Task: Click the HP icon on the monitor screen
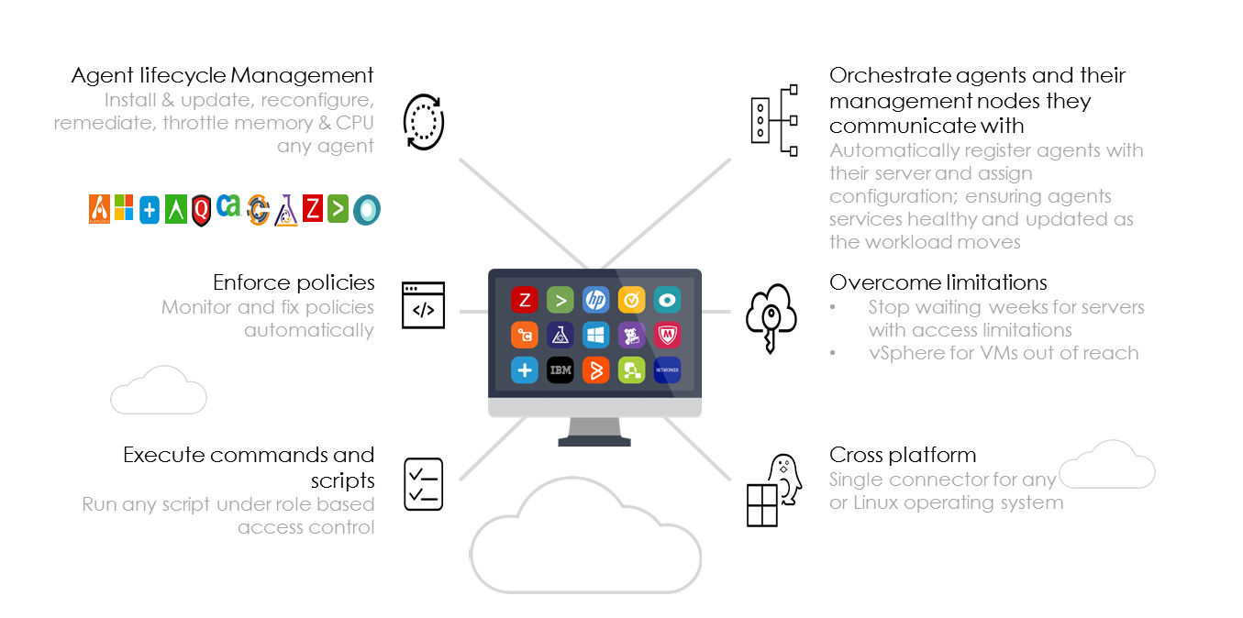(x=595, y=300)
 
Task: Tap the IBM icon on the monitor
(x=560, y=370)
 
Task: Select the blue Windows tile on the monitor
(x=595, y=335)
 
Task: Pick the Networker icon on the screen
(x=667, y=370)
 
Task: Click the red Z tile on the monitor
(x=524, y=300)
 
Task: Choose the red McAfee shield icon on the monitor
(x=667, y=335)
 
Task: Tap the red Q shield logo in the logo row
(x=202, y=211)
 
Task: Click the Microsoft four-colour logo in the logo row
(x=124, y=207)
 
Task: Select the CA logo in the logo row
(x=228, y=206)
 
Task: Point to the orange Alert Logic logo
(x=99, y=209)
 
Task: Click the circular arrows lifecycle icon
(x=423, y=121)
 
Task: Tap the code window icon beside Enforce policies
(x=423, y=305)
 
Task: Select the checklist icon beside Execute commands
(x=423, y=484)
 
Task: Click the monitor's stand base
(x=594, y=440)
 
